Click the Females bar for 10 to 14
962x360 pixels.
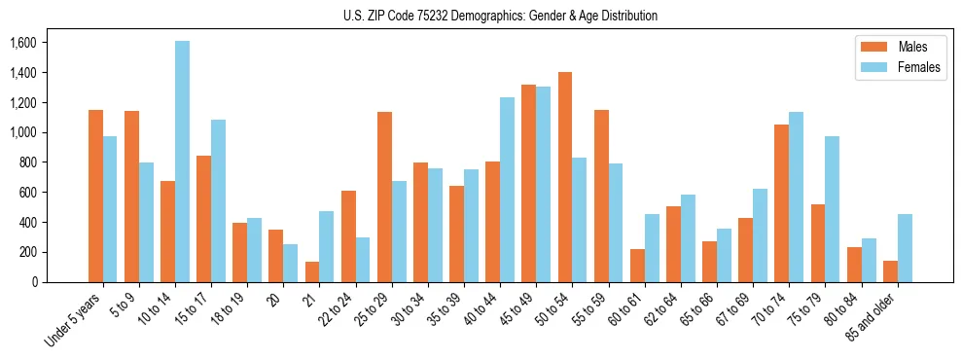tap(183, 162)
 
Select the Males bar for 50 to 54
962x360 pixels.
tap(564, 177)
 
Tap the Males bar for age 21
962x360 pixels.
tap(312, 271)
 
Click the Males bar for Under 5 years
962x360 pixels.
tap(95, 196)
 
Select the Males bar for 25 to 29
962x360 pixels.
tap(384, 197)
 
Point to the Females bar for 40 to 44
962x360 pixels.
tap(507, 190)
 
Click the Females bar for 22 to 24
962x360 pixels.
tap(363, 260)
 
